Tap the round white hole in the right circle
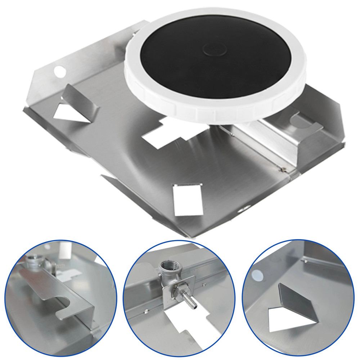tap(257, 274)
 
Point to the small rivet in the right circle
tap(305, 260)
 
